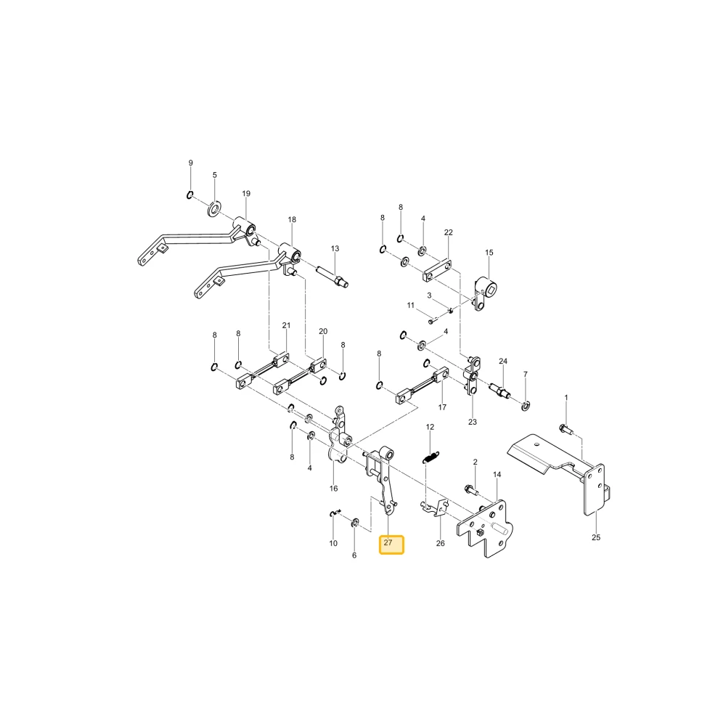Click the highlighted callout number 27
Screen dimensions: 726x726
coord(388,542)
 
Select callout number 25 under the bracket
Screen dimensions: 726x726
coord(596,537)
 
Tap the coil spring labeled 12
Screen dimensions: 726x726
coord(431,457)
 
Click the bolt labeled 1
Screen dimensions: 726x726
coord(566,429)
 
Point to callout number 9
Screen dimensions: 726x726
coord(191,163)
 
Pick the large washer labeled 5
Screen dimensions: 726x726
coord(214,208)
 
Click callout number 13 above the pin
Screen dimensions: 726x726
coord(335,248)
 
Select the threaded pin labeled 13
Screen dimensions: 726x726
coord(333,277)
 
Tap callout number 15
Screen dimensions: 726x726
coord(489,253)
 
